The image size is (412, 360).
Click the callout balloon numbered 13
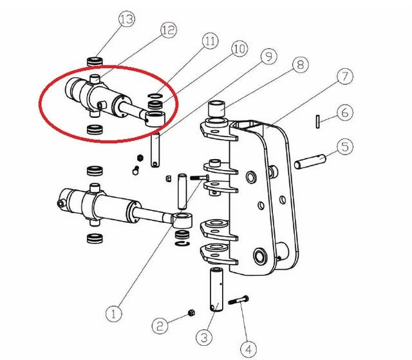point(127,19)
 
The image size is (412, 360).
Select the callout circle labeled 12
point(169,30)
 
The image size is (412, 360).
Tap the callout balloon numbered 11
point(211,41)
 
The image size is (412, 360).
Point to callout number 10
point(239,49)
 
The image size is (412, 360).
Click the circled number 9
point(269,57)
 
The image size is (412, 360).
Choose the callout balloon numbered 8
point(301,64)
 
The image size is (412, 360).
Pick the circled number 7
point(345,76)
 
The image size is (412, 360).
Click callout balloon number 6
point(345,113)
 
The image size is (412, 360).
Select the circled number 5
point(345,147)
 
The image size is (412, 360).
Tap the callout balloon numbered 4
point(248,349)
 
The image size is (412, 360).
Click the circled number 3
point(204,337)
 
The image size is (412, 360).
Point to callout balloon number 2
point(160,326)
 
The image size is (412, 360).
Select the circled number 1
point(114,314)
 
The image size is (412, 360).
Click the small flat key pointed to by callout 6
point(318,122)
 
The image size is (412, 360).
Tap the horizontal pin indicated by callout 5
point(310,162)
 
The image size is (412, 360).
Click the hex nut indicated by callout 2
point(192,313)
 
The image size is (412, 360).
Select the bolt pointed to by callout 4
point(239,300)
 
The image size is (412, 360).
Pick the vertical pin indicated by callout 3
point(216,289)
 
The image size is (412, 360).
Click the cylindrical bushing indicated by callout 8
point(216,109)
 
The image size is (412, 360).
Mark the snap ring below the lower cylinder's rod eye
point(182,243)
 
